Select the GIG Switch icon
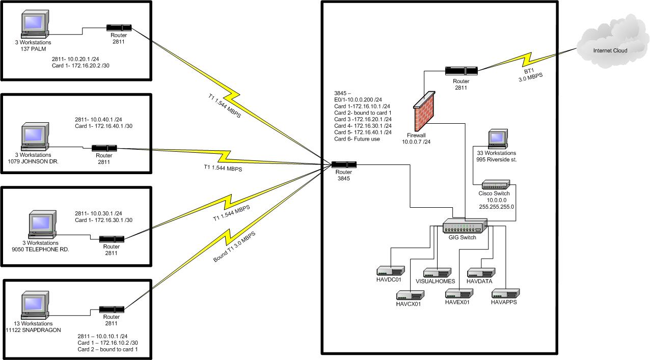click(x=465, y=226)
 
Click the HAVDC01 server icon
click(x=390, y=270)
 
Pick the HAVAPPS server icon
click(x=505, y=293)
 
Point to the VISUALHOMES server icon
click(x=437, y=272)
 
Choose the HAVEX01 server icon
click(x=459, y=293)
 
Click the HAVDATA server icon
click(x=480, y=272)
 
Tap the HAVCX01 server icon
click(x=411, y=295)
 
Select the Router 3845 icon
click(x=344, y=164)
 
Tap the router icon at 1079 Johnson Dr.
click(x=104, y=148)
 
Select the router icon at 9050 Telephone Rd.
click(x=112, y=239)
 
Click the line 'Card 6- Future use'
click(x=357, y=139)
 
